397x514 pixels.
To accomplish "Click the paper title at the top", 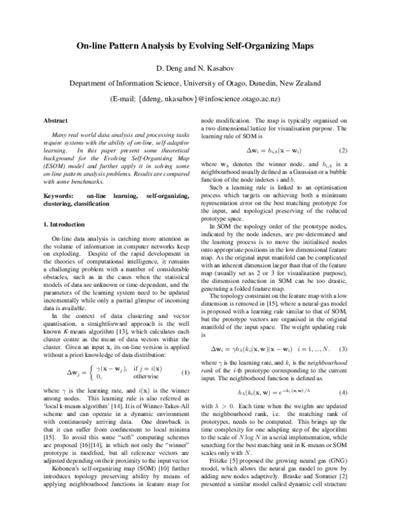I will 198,48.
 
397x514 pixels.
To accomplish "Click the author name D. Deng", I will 171,68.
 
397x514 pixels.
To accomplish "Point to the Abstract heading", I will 55,121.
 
